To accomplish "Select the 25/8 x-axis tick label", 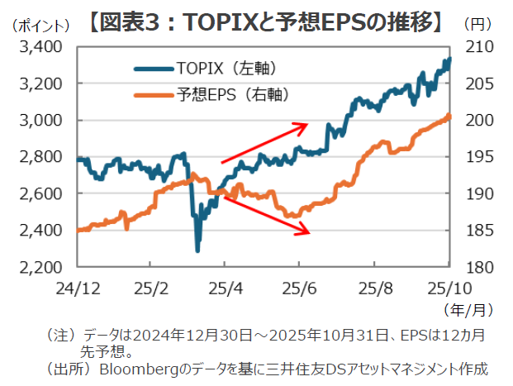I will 374,288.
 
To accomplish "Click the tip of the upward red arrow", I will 307,125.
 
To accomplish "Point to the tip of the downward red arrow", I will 310,234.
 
